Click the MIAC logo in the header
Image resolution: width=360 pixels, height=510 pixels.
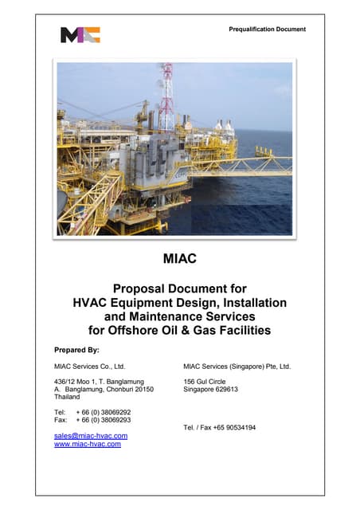click(80, 34)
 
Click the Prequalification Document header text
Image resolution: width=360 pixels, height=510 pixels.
click(267, 29)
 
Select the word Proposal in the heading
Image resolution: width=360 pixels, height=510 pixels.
click(139, 288)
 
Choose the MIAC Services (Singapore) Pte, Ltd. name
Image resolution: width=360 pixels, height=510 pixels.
click(237, 367)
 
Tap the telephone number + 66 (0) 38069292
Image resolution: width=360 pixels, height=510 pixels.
click(104, 412)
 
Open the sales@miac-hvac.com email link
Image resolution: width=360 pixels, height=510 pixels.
click(90, 436)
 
